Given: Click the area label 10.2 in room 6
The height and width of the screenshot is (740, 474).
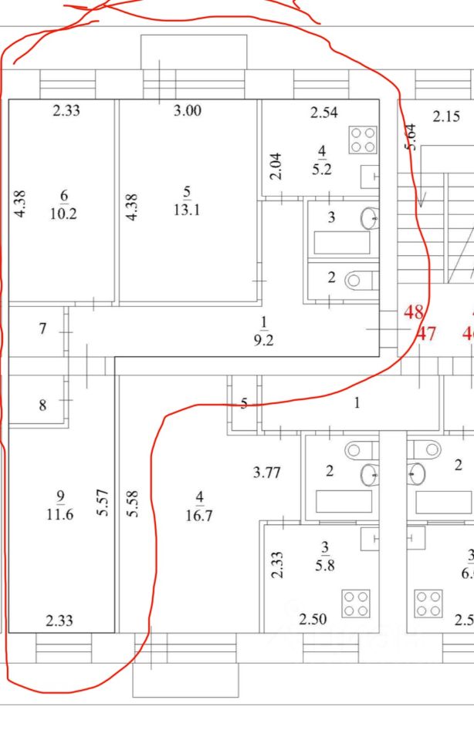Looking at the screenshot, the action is click(63, 214).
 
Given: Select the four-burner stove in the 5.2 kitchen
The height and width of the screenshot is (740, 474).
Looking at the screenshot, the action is click(363, 140).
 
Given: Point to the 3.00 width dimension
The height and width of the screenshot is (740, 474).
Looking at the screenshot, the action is click(187, 111).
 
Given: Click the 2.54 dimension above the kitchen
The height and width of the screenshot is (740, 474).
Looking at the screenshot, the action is click(324, 113).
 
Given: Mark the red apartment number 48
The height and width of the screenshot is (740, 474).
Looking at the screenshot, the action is click(413, 313).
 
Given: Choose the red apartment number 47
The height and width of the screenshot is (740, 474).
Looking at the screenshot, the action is click(426, 335).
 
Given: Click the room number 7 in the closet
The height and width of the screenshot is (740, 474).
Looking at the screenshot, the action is click(43, 329).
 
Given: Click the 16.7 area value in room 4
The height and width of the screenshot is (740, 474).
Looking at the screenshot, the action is click(198, 516).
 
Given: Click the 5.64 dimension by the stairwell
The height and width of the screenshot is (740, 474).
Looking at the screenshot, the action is click(410, 137).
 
